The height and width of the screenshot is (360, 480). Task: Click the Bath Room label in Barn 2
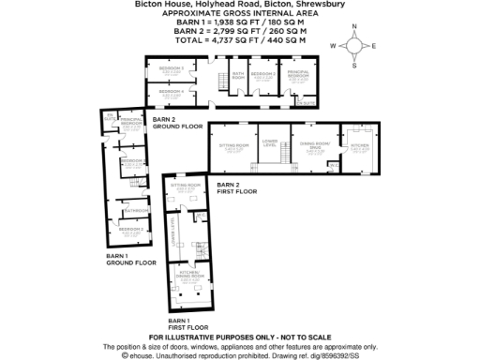click(x=238, y=74)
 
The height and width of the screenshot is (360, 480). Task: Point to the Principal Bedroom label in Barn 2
click(x=298, y=73)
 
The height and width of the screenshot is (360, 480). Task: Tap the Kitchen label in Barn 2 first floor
click(x=359, y=145)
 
